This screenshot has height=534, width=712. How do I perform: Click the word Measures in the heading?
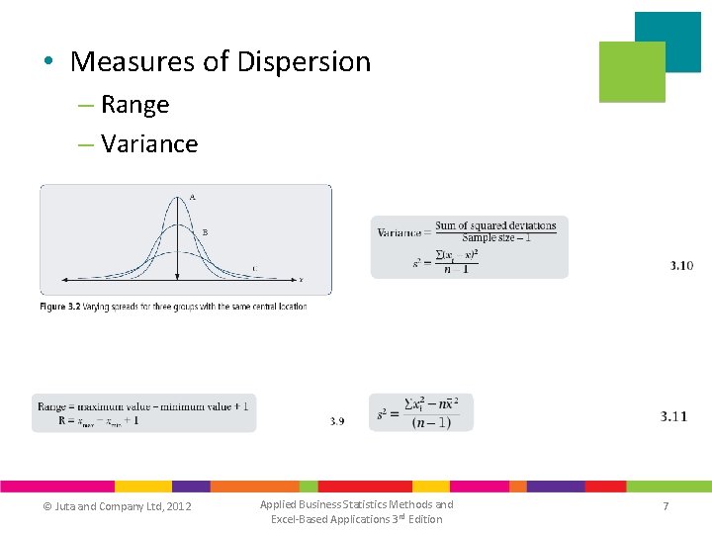coord(133,62)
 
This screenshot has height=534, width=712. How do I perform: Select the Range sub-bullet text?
coord(134,105)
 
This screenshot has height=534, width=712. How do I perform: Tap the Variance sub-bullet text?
coord(149,144)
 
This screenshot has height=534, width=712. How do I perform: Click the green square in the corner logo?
coord(632,72)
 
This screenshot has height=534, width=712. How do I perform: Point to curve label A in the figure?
coord(193,198)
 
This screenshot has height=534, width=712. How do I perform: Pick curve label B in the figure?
coord(205,231)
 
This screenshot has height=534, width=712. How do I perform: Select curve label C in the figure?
coord(254,268)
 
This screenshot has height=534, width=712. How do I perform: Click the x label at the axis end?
coord(301,280)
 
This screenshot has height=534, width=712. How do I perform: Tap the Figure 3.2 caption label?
coord(66,307)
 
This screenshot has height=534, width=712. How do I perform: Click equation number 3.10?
coord(681,266)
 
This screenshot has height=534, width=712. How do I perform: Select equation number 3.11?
coord(673,417)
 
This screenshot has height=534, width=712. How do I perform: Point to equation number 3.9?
coord(337,421)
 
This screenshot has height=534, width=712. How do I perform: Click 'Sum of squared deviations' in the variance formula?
coord(495,225)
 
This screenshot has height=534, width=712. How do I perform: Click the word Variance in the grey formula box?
coord(399,232)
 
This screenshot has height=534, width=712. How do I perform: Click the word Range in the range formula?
coord(51,405)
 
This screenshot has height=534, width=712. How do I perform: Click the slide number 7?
coord(666,506)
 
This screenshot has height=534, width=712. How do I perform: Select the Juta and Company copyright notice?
coord(117,507)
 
